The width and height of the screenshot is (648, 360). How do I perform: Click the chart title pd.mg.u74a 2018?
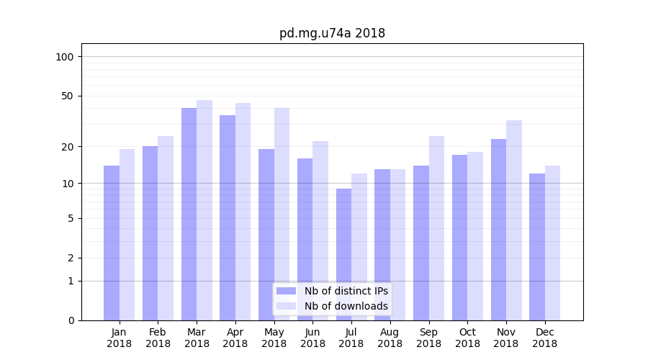[332, 33]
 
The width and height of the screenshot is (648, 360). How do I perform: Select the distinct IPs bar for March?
[189, 214]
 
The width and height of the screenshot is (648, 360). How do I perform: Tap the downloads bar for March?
[204, 210]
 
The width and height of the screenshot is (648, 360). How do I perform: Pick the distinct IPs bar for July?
[343, 254]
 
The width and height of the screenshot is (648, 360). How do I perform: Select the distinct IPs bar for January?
[112, 243]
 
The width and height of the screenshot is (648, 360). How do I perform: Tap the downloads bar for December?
[552, 243]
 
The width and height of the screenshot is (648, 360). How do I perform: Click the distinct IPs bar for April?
[228, 217]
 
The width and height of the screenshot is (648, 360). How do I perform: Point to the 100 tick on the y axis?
[65, 57]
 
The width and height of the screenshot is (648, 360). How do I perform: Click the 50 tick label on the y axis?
[68, 96]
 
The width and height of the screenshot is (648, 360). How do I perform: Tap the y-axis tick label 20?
[68, 147]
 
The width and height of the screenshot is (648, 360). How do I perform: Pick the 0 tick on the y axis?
[71, 320]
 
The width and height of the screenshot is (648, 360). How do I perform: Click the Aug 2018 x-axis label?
[390, 338]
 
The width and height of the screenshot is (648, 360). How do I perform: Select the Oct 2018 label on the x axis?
[467, 338]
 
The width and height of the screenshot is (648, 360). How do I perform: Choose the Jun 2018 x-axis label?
[312, 338]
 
